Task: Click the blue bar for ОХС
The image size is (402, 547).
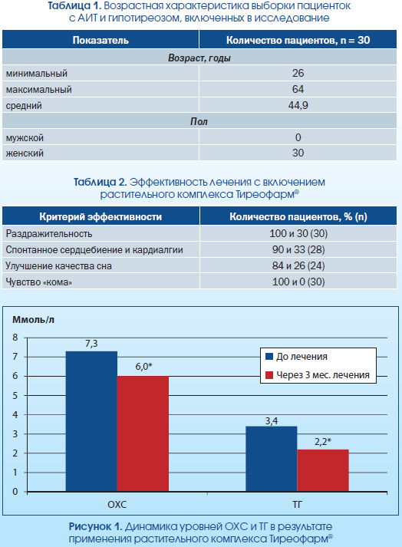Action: tap(91, 421)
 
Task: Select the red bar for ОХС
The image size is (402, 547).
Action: tap(143, 434)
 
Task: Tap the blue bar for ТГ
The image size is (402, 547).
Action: tap(272, 459)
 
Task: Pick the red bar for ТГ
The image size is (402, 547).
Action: tap(323, 470)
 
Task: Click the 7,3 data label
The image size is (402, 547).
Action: tap(91, 344)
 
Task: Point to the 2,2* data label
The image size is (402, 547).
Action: tap(323, 442)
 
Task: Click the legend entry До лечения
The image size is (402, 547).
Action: tap(297, 357)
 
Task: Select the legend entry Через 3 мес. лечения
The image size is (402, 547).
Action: tap(318, 375)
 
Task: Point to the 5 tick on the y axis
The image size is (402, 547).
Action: tap(15, 396)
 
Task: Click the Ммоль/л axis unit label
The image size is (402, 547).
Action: tap(34, 320)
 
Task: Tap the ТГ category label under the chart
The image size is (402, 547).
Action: tap(297, 505)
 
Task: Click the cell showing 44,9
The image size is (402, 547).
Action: tap(298, 105)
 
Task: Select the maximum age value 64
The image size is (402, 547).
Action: tap(298, 89)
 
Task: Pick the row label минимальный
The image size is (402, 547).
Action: tap(37, 74)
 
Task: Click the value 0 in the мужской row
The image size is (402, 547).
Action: tap(298, 137)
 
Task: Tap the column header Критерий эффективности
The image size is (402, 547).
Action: tap(100, 216)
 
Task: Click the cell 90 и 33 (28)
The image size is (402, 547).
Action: tap(298, 250)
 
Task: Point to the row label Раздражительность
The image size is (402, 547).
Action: tap(49, 234)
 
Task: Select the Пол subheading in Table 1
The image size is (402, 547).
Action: tap(199, 121)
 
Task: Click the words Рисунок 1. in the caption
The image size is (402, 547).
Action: tap(95, 526)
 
